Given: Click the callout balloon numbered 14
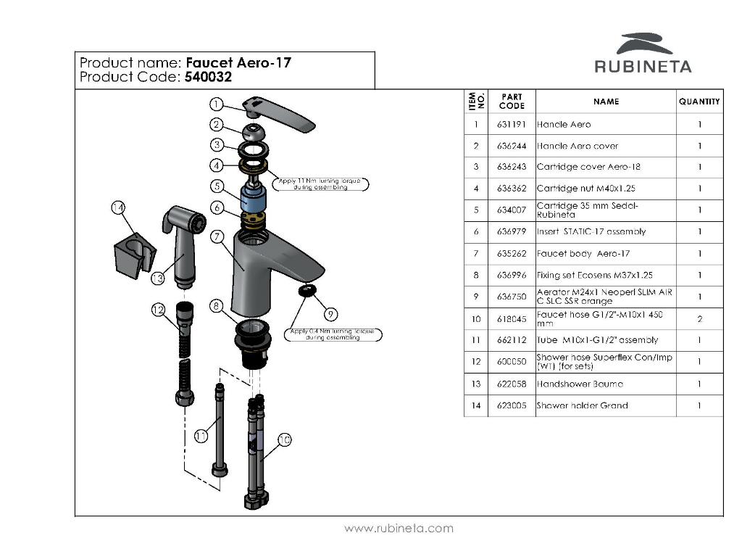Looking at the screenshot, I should pos(119,208).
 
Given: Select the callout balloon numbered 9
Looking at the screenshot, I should pos(330,314).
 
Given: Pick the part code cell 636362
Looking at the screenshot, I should pos(512,189).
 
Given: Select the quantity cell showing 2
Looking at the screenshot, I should pos(699,318).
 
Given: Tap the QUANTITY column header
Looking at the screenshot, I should pos(699,102).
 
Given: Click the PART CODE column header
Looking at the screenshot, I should pos(512,102).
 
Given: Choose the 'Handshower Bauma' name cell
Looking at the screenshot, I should pos(580,384).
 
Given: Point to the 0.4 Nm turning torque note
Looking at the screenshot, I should pos(334,334).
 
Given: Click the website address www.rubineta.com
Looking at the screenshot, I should pos(399,528).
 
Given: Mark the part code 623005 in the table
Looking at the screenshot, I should pos(512,405).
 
